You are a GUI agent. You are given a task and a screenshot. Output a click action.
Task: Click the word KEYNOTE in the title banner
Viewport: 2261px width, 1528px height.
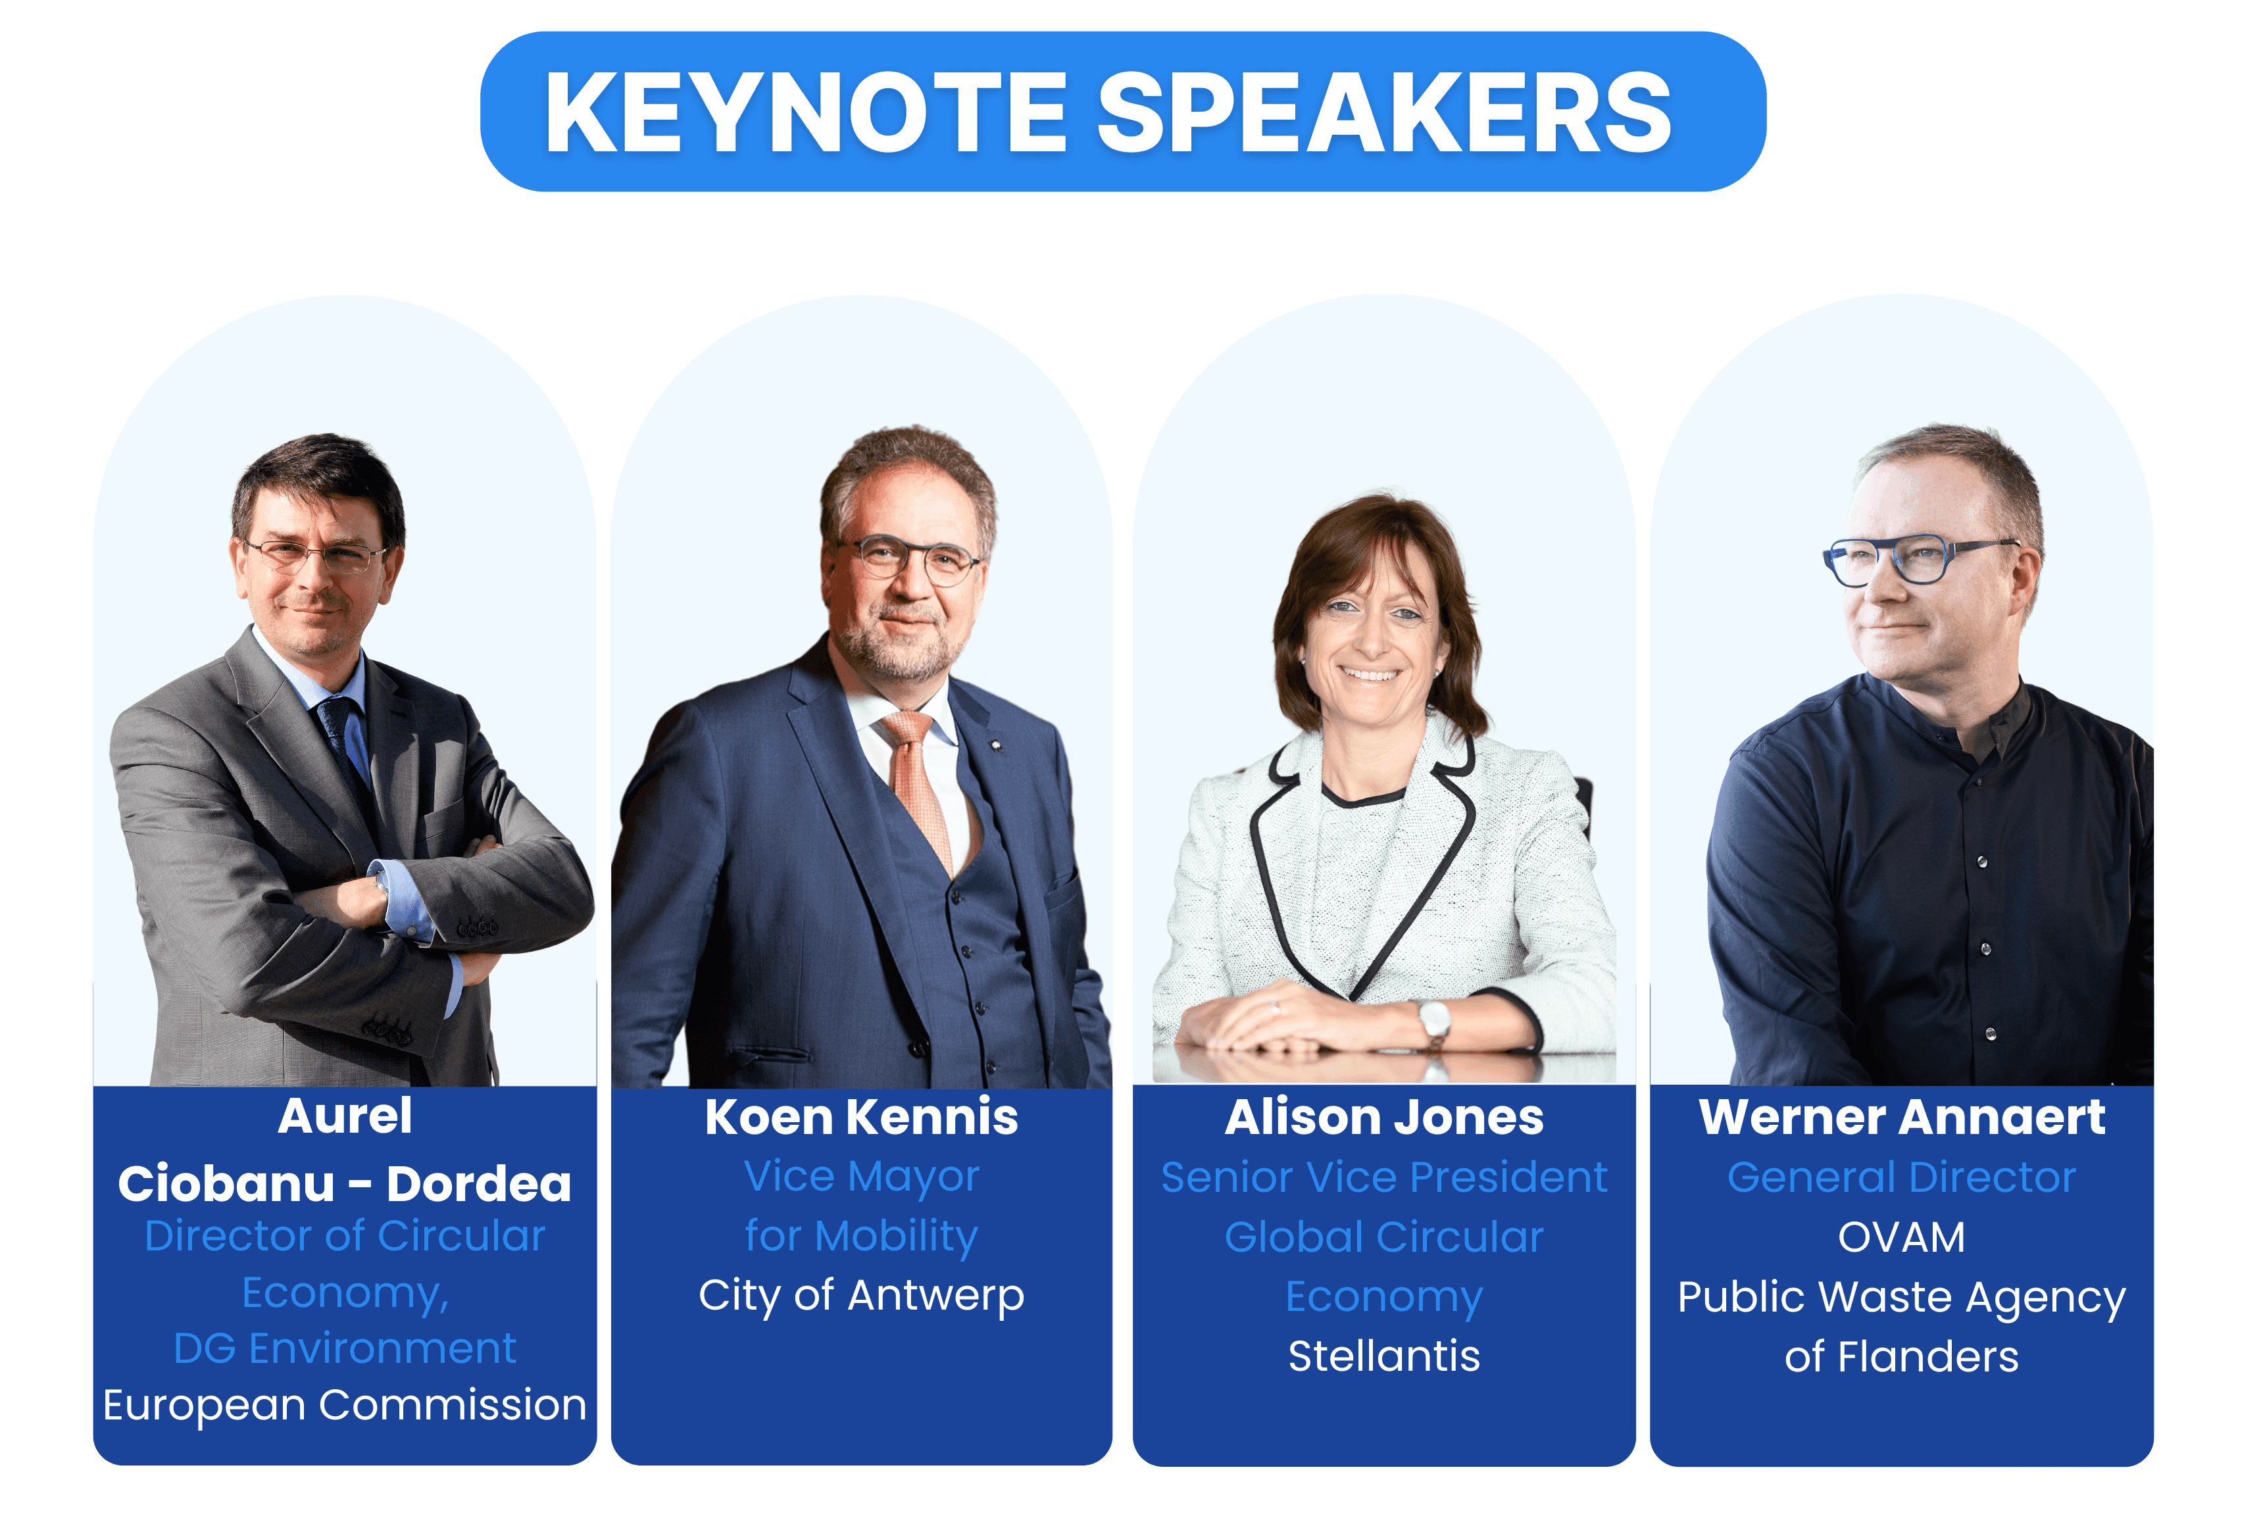tap(806, 113)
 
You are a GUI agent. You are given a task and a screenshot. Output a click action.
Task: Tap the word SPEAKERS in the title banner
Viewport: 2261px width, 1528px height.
tap(1384, 113)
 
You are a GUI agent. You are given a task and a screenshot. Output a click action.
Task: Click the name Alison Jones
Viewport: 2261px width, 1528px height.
tap(1383, 1117)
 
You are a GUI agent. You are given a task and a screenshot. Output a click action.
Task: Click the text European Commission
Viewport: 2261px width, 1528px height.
tap(345, 1404)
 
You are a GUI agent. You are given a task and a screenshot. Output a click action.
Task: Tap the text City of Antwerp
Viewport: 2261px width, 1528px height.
tap(861, 1296)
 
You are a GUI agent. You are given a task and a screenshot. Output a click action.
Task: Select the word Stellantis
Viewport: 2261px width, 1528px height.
tap(1383, 1355)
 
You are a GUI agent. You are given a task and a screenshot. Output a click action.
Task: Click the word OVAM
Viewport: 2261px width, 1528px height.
tap(1901, 1237)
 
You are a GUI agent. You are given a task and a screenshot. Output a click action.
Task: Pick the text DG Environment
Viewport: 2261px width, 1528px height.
tap(345, 1348)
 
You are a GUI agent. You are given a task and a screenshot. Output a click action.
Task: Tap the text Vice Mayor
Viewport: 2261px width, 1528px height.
tap(861, 1177)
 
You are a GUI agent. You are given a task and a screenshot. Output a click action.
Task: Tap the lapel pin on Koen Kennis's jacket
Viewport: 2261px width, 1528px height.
tap(994, 746)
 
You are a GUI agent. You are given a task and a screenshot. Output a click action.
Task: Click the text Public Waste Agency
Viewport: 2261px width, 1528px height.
tap(1901, 1298)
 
